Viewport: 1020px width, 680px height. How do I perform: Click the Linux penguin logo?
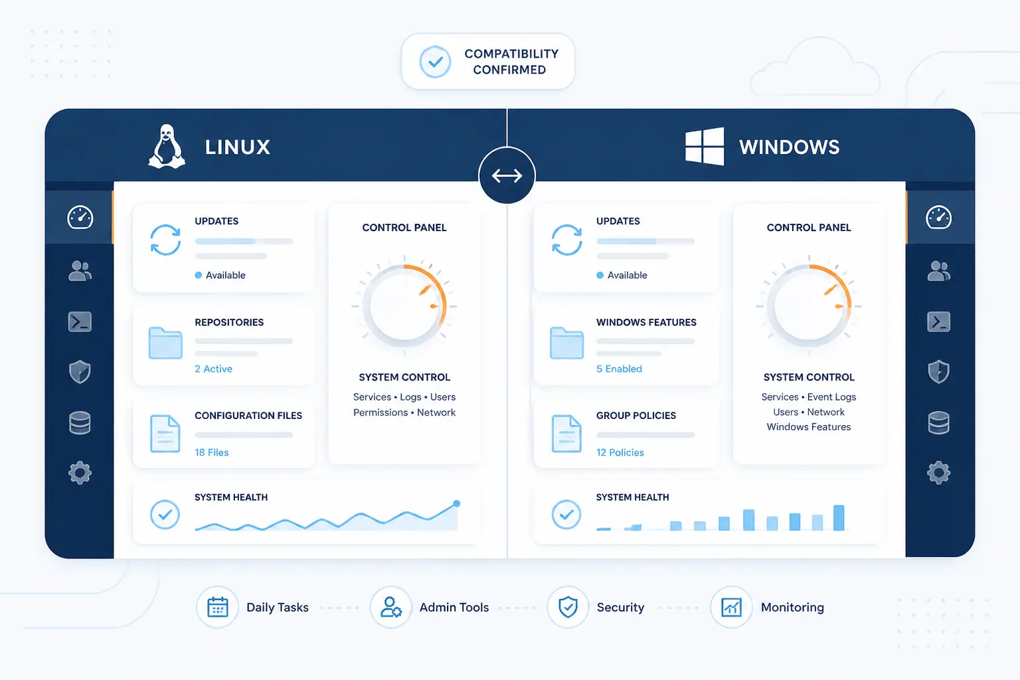[167, 147]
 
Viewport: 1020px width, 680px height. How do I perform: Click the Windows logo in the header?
[705, 146]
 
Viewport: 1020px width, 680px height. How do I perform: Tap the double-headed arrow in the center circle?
[507, 175]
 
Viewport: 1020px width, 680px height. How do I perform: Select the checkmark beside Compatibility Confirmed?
[436, 62]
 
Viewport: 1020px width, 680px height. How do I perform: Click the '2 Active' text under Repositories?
[214, 369]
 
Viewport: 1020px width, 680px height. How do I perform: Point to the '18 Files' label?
[212, 452]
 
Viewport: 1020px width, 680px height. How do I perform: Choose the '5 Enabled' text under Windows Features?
[620, 369]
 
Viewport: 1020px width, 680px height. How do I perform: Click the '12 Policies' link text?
[620, 452]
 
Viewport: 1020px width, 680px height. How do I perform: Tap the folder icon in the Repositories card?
[165, 343]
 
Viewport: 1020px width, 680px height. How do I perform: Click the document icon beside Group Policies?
[566, 434]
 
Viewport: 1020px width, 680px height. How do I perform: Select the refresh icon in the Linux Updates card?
[165, 240]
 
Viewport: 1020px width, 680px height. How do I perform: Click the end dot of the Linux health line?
[457, 503]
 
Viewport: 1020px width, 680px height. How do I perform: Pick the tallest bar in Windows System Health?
[839, 518]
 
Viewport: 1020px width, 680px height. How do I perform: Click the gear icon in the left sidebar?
[80, 473]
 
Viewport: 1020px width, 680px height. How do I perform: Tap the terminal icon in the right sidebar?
[938, 321]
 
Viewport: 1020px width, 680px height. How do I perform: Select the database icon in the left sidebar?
[80, 422]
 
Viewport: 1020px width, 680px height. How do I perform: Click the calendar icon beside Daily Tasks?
[218, 607]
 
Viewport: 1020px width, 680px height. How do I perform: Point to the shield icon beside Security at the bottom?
[568, 607]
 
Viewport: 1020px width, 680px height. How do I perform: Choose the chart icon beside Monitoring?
[731, 607]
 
